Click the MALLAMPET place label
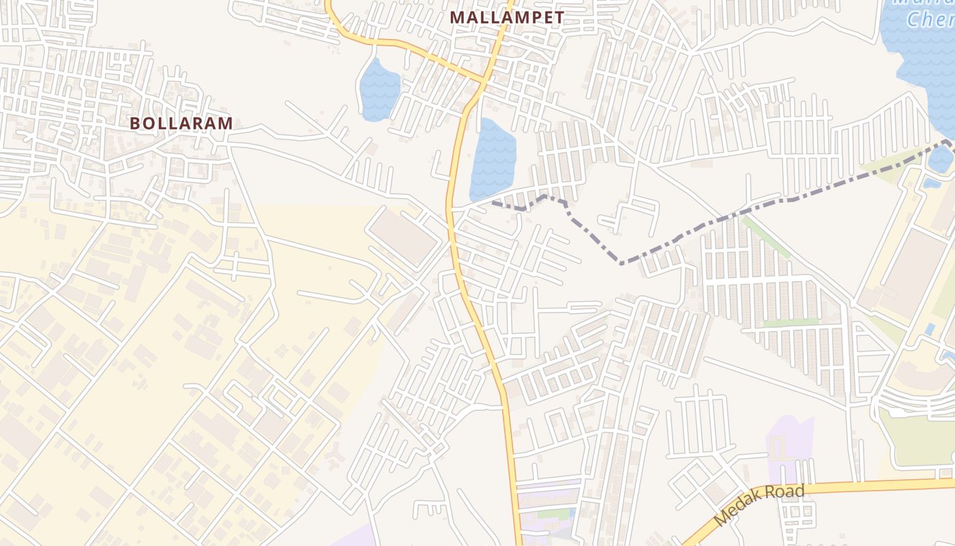[508, 17]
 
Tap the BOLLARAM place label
[181, 124]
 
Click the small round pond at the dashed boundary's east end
[941, 158]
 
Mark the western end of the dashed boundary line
[493, 203]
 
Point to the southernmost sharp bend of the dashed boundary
[620, 263]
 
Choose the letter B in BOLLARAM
[134, 124]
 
